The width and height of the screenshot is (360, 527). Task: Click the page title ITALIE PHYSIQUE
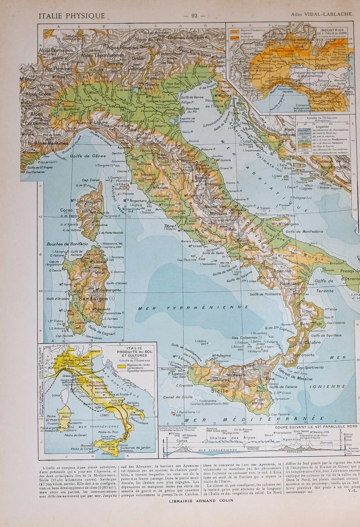coord(72,16)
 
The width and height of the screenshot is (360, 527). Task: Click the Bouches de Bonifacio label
coord(67,244)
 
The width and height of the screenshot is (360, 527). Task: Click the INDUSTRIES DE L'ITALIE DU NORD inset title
coord(336,32)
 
